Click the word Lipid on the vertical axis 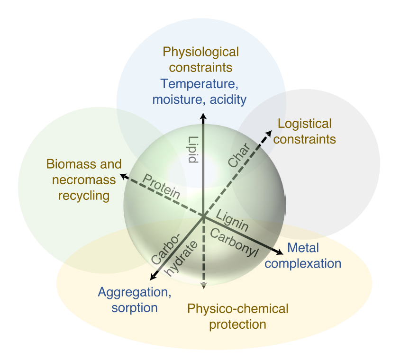click(193, 149)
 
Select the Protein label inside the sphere click(162, 186)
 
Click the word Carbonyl click(233, 243)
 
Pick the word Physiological click(200, 52)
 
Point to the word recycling click(83, 195)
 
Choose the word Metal click(303, 247)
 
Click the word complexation click(303, 263)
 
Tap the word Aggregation click(135, 292)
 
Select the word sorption click(134, 307)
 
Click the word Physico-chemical click(237, 309)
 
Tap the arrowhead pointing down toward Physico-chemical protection click(204, 286)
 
